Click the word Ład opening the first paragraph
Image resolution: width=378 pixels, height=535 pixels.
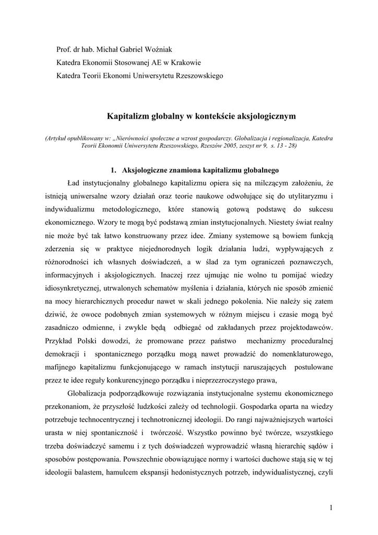(x=73, y=184)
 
